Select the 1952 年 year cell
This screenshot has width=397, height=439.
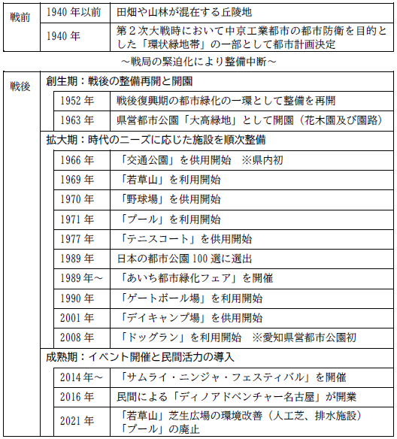78,101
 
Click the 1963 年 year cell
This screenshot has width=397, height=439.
78,120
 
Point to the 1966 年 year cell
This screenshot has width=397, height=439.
78,159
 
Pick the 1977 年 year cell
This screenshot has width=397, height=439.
78,238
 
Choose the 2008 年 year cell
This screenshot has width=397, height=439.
78,337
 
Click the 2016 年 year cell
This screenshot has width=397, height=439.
78,396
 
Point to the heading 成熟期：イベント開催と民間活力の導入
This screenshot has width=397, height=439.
140,356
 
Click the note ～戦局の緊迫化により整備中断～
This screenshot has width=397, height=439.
198,59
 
